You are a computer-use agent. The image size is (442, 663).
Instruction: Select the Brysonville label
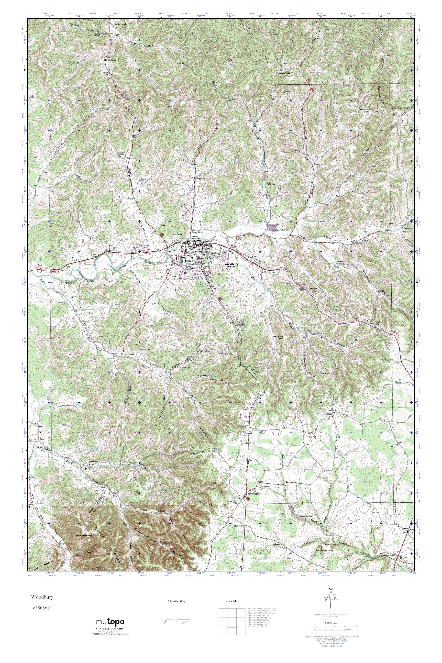pyautogui.click(x=110, y=60)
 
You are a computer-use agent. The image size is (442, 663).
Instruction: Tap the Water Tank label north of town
pyautogui.click(x=176, y=234)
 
